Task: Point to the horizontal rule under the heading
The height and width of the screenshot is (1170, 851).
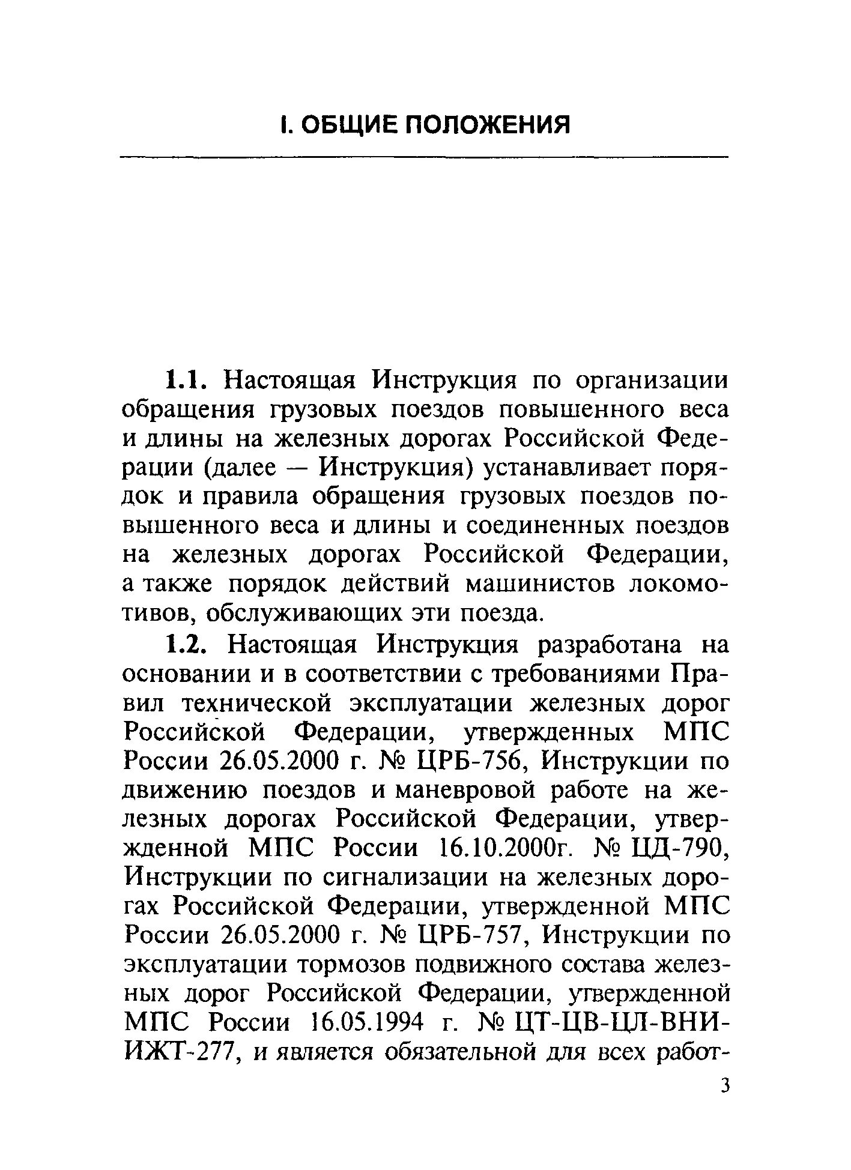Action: click(x=424, y=157)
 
